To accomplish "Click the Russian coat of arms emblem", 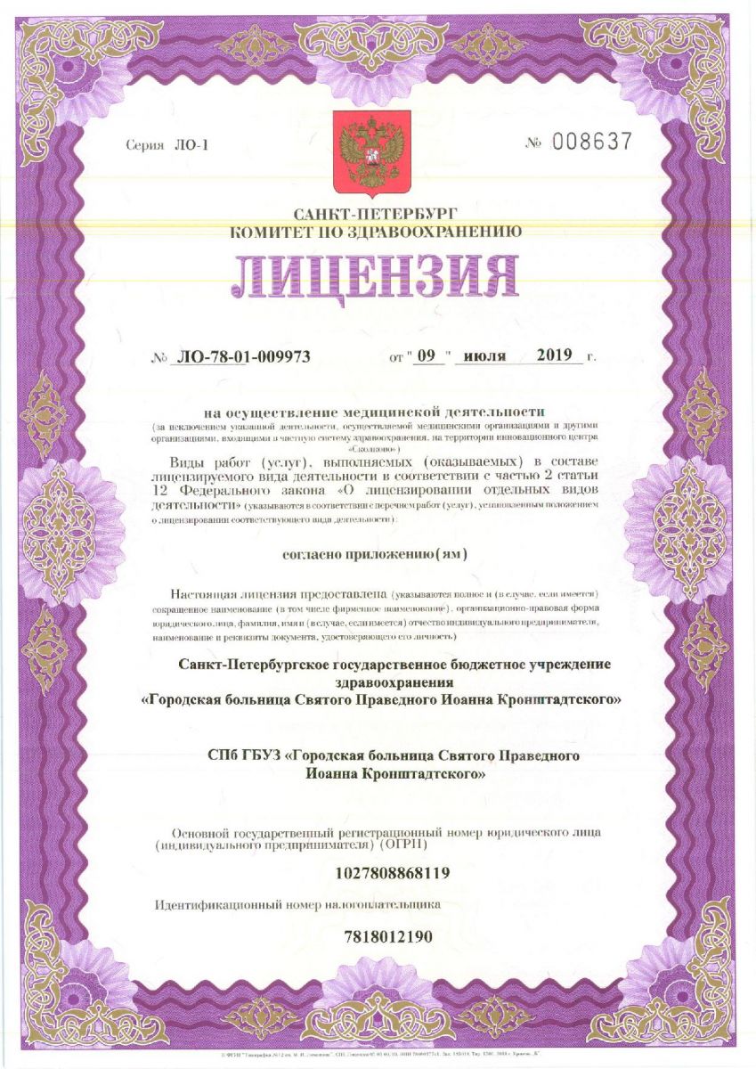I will [371, 153].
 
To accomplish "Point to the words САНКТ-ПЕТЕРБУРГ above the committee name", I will [375, 215].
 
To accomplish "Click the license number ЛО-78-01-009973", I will [244, 357].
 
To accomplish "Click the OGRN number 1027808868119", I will [392, 873].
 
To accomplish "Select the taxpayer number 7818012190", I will [387, 936].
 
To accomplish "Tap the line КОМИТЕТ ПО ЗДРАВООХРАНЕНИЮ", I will [375, 233].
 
